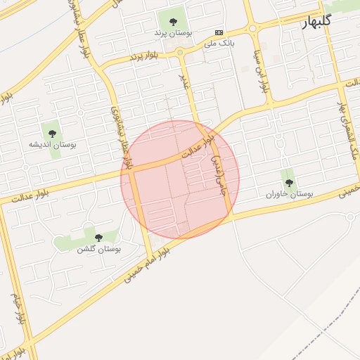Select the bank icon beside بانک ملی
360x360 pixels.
point(219,32)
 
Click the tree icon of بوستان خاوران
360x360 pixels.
point(288,182)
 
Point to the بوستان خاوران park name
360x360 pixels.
point(288,193)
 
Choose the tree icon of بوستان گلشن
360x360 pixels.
point(98,238)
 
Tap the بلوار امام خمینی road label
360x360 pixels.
point(148,264)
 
